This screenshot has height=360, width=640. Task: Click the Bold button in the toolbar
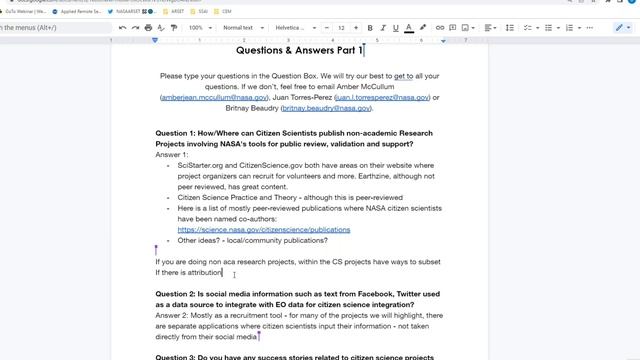pos(370,28)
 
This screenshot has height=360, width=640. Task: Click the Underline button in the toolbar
pos(396,28)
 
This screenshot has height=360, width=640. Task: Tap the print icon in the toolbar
pos(149,28)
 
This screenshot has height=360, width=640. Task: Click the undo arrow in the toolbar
pos(122,28)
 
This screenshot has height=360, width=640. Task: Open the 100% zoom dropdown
pos(198,28)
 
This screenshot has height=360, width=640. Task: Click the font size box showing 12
pos(341,28)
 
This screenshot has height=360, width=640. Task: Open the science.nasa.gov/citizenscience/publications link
pos(263,230)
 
